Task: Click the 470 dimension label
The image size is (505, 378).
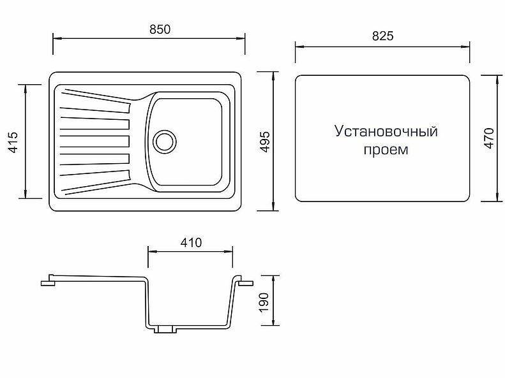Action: click(489, 138)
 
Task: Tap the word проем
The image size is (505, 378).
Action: click(386, 151)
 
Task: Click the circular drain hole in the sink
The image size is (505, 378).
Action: click(165, 140)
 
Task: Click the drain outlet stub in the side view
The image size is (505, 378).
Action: click(165, 330)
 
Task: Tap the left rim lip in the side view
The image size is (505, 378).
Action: click(48, 280)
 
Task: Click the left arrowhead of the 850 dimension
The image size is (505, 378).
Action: click(55, 38)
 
